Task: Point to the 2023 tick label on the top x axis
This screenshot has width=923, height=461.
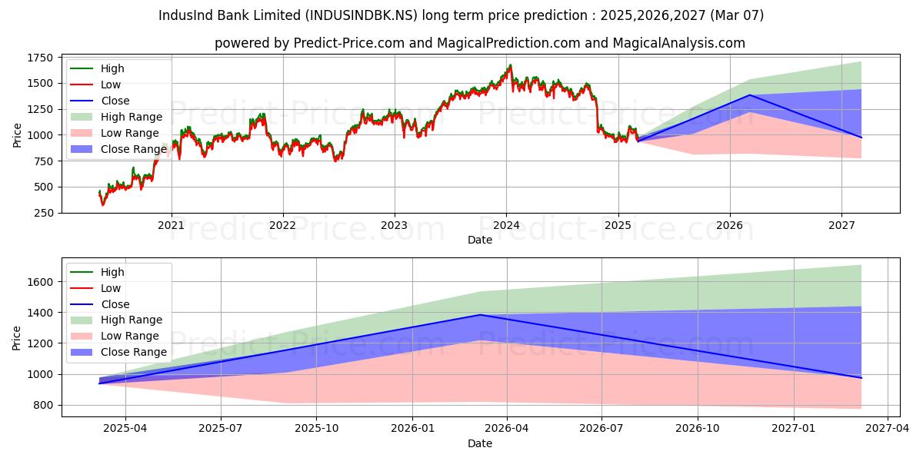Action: pyautogui.click(x=395, y=226)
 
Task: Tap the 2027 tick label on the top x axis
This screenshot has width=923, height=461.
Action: pyautogui.click(x=841, y=226)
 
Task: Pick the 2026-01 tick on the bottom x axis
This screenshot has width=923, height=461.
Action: pyautogui.click(x=413, y=429)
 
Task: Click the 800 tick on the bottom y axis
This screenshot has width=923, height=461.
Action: pyautogui.click(x=43, y=405)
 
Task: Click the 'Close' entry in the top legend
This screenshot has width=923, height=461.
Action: pyautogui.click(x=115, y=101)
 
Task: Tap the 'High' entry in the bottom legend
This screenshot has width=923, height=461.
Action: pyautogui.click(x=112, y=272)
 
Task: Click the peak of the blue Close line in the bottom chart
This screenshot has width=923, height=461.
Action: pyautogui.click(x=481, y=314)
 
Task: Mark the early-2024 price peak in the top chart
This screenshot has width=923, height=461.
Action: pyautogui.click(x=509, y=65)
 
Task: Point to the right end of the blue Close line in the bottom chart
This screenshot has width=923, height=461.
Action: pyautogui.click(x=861, y=377)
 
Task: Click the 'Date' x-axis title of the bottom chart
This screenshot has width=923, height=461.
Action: pyautogui.click(x=480, y=443)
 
